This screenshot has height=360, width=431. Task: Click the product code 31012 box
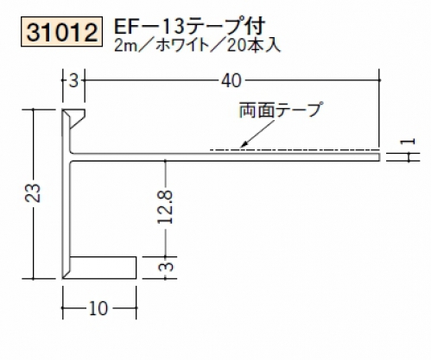pyautogui.click(x=61, y=32)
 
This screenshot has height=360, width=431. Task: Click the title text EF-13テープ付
pyautogui.click(x=189, y=27)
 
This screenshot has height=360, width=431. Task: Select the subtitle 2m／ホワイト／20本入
pyautogui.click(x=197, y=46)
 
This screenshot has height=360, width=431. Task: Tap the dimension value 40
pyautogui.click(x=231, y=81)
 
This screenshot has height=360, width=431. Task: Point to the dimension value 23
pyautogui.click(x=33, y=193)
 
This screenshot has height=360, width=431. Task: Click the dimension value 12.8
pyautogui.click(x=166, y=207)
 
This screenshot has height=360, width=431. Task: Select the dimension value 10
pyautogui.click(x=98, y=308)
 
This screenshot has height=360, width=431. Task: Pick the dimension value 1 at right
pyautogui.click(x=409, y=142)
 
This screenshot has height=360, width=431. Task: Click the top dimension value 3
pyautogui.click(x=74, y=81)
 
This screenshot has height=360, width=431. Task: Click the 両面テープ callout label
pyautogui.click(x=280, y=111)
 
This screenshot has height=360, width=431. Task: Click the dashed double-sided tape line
pyautogui.click(x=295, y=149)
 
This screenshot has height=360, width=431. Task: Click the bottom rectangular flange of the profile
pyautogui.click(x=102, y=268)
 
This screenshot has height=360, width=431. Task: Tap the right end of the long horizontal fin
pyautogui.click(x=380, y=157)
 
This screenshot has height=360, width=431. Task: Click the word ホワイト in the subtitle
pyautogui.click(x=182, y=46)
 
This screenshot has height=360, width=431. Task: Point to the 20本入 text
pyautogui.click(x=253, y=46)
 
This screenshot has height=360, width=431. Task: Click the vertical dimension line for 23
pyautogui.click(x=34, y=194)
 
